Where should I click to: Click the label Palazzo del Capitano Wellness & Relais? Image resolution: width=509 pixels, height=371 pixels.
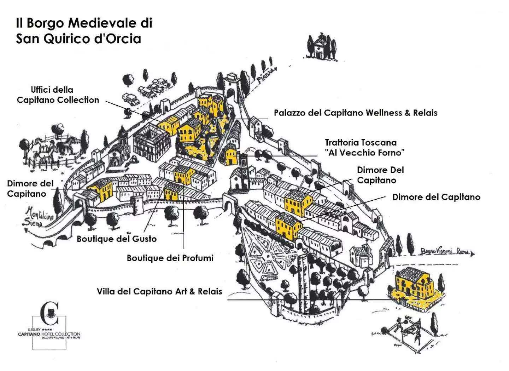tap(355, 113)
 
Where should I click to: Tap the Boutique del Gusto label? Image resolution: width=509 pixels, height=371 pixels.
tap(117, 239)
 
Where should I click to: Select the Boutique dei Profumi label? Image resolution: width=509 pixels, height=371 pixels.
tap(170, 258)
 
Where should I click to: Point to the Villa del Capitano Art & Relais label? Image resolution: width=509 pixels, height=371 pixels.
tap(159, 292)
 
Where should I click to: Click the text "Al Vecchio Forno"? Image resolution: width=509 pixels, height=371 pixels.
tap(366, 153)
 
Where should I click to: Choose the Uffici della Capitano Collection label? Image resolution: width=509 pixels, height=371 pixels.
tap(58, 95)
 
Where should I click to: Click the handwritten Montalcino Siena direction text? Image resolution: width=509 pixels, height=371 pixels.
tap(38, 217)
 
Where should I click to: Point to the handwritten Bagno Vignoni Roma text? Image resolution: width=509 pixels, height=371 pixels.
tap(445, 251)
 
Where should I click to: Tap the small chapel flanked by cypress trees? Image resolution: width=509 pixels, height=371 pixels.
tap(320, 47)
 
